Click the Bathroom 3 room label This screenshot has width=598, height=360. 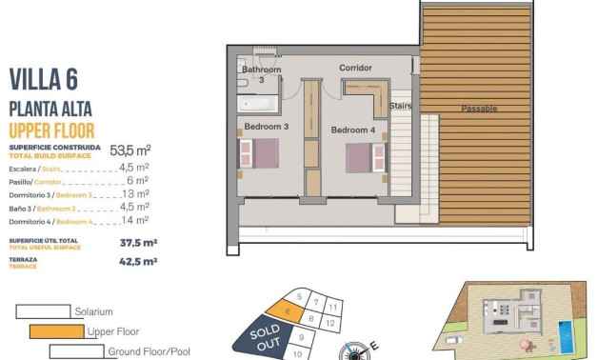coord(261,74)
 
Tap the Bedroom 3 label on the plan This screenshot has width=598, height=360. coord(267,127)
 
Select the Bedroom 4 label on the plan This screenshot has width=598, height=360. coord(352,130)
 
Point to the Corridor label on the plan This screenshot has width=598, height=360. coord(355,68)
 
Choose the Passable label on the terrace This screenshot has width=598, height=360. coord(479,109)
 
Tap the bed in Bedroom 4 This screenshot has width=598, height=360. coord(362,157)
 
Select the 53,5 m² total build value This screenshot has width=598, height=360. coord(130,150)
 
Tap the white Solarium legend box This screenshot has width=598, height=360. coord(43,311)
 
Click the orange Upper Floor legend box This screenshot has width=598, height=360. coord(56,331)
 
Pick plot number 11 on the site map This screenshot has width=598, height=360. coord(332,308)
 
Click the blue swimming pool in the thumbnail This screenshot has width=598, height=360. coord(565,332)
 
